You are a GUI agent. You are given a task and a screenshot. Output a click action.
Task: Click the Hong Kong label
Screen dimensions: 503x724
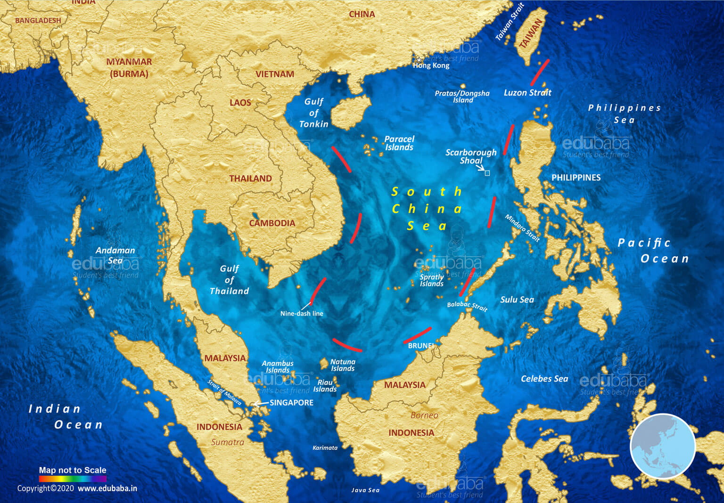point(431,65)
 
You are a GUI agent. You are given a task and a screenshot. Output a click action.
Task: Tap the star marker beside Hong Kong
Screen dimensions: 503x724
point(419,60)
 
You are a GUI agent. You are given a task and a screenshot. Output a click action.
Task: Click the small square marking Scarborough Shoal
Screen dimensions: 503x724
point(487,173)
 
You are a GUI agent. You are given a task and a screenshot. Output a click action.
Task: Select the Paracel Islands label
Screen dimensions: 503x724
point(399,143)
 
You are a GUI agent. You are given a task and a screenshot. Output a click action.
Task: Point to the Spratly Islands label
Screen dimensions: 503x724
point(432,280)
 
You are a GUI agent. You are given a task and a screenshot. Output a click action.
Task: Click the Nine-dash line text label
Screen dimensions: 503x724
point(302,314)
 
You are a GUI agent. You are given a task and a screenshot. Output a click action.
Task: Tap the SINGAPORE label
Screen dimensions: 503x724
point(291,403)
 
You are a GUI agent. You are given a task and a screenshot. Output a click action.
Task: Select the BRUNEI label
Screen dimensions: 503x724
point(421,346)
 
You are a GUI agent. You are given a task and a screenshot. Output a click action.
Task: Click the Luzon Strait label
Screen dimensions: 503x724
point(527,93)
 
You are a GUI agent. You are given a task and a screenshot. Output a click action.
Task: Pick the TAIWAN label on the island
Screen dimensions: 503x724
point(531,34)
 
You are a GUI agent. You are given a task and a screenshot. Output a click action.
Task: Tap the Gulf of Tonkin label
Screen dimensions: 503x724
point(314,113)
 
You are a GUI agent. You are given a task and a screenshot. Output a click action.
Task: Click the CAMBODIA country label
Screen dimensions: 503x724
point(272,223)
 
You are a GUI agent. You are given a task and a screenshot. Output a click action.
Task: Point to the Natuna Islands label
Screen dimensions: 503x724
point(343,365)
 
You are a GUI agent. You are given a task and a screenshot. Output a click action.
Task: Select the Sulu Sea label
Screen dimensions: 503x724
point(517,300)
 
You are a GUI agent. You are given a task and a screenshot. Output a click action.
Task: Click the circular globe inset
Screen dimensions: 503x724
point(663,446)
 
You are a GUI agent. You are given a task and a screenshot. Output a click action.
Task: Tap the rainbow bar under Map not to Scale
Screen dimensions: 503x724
point(73,479)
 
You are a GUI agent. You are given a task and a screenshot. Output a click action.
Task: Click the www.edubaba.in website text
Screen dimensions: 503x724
point(107,488)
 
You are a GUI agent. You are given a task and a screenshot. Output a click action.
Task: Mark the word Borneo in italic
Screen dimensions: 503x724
point(424,415)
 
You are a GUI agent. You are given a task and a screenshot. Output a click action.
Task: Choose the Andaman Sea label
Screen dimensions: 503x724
point(115,255)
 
